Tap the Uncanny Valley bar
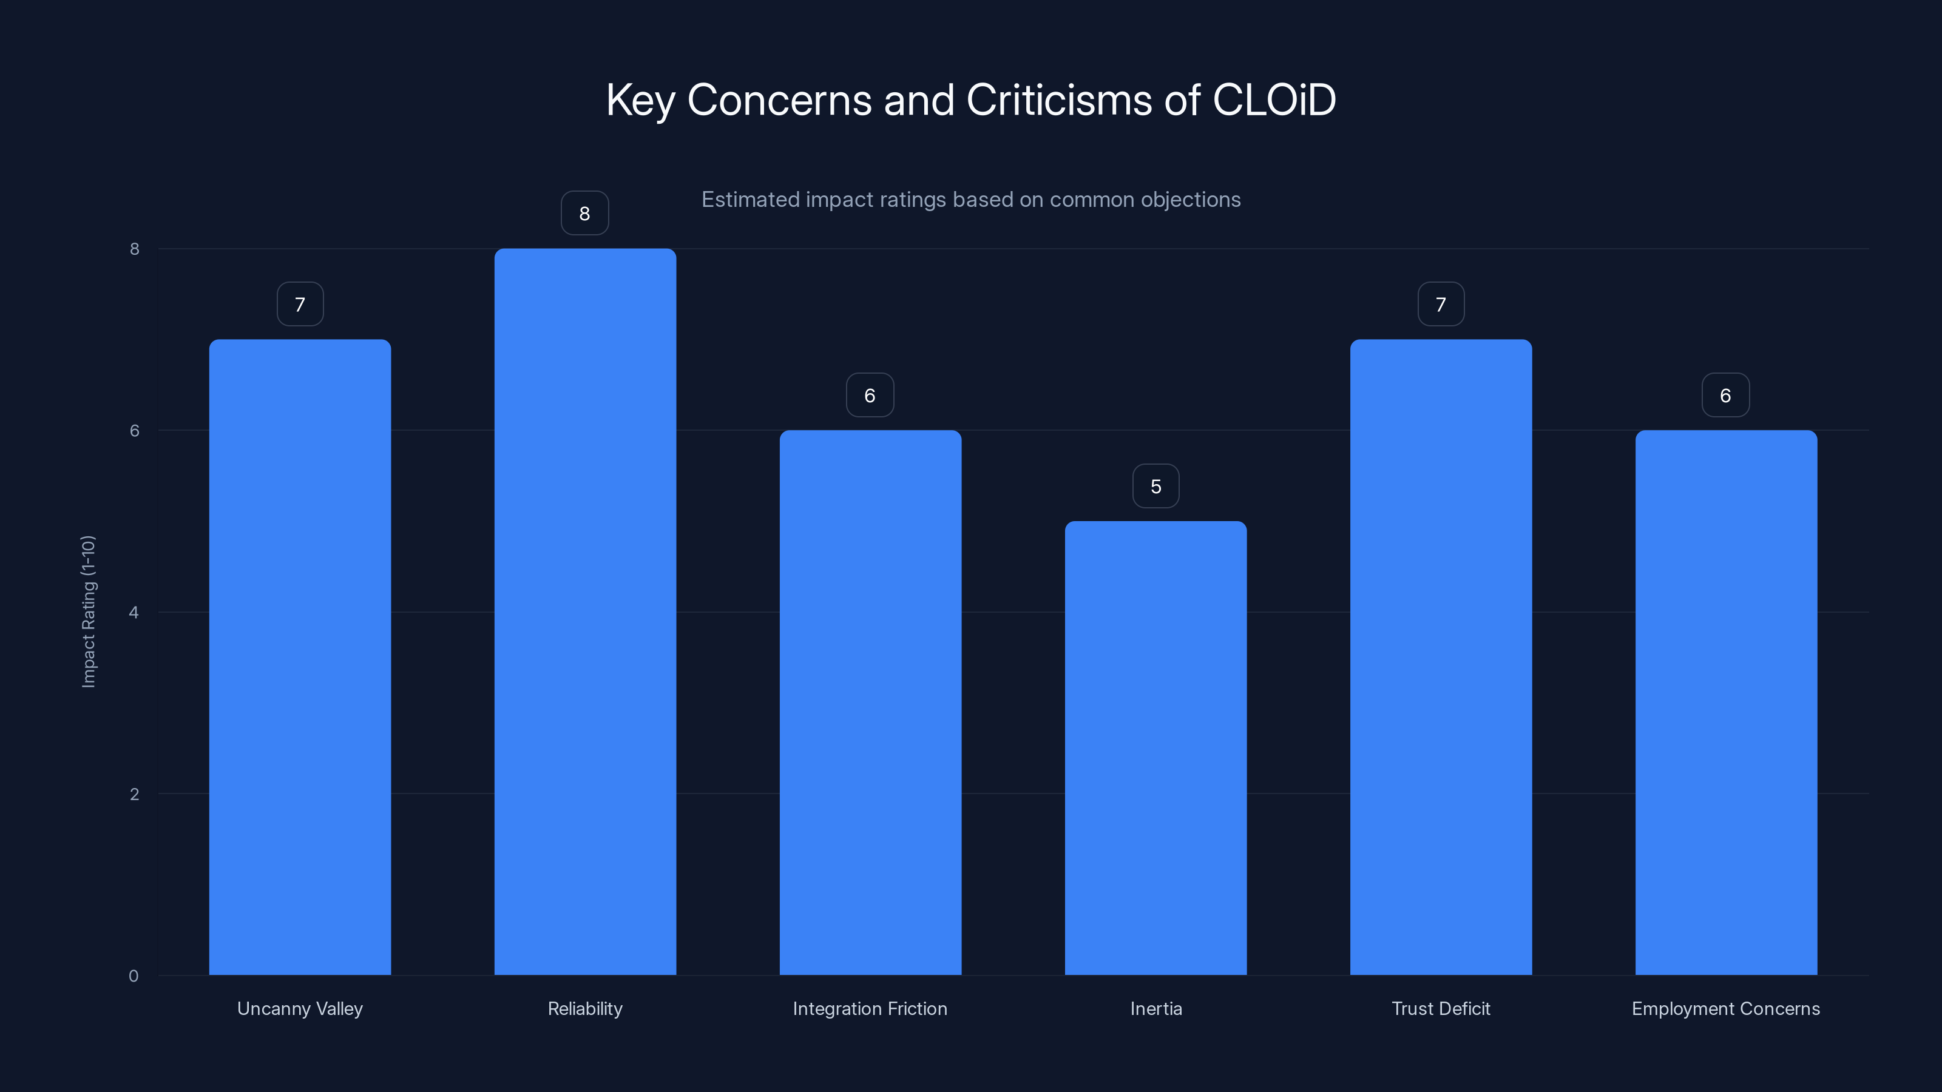[300, 656]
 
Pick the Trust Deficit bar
[1441, 656]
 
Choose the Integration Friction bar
[870, 703]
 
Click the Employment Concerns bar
[1725, 703]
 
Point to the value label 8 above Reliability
[584, 214]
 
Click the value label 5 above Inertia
[1155, 486]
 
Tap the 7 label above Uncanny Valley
[300, 305]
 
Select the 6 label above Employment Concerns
[1725, 396]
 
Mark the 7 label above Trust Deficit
[1441, 305]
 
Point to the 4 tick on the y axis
[134, 612]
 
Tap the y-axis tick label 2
[134, 794]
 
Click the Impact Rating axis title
[88, 611]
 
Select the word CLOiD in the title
[1273, 99]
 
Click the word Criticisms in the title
[1058, 99]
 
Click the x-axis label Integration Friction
[870, 1008]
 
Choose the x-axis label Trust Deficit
[1441, 1008]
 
